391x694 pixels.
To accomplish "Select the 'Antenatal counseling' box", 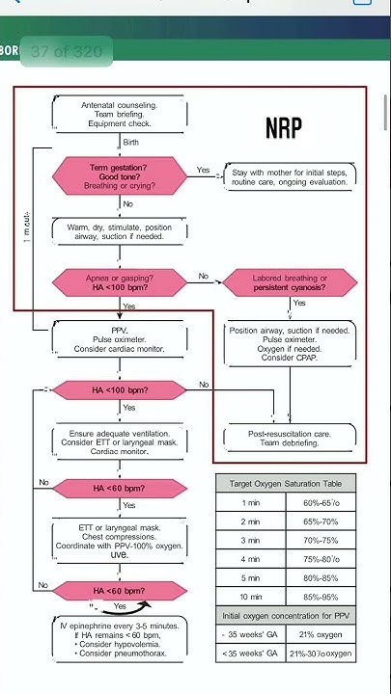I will click(x=120, y=114).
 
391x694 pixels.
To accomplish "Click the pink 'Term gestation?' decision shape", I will click(x=122, y=174).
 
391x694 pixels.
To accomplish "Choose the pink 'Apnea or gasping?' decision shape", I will click(x=122, y=281).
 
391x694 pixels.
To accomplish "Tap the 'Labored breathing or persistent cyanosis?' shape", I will click(x=290, y=281).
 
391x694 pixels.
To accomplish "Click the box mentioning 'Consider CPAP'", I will click(x=291, y=344).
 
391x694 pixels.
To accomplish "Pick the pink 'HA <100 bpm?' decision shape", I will click(x=121, y=389).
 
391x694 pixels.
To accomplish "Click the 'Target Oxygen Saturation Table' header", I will click(x=285, y=482).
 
